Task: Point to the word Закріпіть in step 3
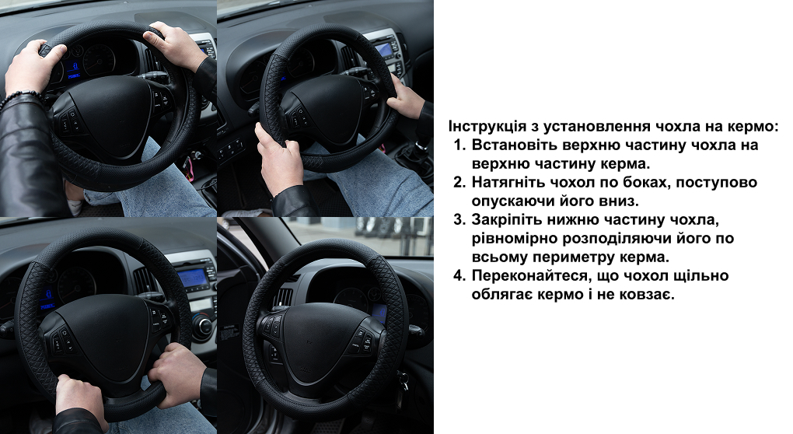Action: (x=504, y=219)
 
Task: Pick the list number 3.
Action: (x=459, y=219)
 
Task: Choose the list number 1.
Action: (x=459, y=145)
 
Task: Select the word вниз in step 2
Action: (x=622, y=201)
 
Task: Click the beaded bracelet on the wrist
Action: (x=19, y=98)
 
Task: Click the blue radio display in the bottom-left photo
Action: (x=192, y=278)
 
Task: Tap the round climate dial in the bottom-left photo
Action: (x=204, y=326)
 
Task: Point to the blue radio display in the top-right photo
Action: (x=385, y=50)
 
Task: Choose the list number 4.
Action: (x=459, y=275)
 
